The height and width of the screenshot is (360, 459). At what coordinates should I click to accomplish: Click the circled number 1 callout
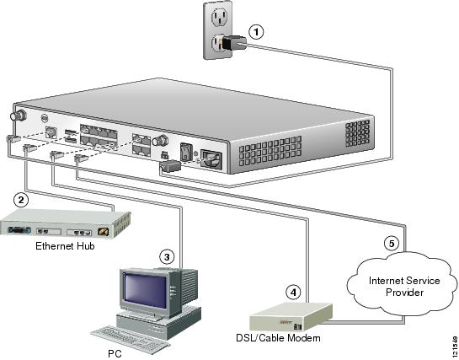(x=256, y=32)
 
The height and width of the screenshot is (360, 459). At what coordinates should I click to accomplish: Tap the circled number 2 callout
(x=21, y=200)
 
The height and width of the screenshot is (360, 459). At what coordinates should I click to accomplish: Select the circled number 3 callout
(x=167, y=257)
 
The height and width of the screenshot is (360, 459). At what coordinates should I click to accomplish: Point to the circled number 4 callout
(x=293, y=292)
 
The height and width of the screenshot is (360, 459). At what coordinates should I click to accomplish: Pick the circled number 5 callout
(x=392, y=244)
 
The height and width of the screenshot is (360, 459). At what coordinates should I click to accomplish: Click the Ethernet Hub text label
(x=65, y=245)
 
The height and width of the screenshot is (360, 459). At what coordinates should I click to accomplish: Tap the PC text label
(x=115, y=353)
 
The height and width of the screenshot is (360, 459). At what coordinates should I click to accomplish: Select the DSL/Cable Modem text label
(x=278, y=338)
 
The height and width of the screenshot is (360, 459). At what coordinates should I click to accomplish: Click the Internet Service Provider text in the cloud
(x=404, y=287)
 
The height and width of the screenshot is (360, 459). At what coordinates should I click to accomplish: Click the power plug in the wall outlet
(x=234, y=42)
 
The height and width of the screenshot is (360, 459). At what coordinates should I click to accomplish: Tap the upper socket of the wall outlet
(x=218, y=16)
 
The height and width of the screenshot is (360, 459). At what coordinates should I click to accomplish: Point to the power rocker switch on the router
(x=185, y=152)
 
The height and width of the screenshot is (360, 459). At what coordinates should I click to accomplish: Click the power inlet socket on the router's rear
(x=211, y=159)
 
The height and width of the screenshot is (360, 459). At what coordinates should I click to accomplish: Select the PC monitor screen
(x=145, y=291)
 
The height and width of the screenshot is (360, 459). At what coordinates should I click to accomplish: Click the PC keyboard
(x=131, y=339)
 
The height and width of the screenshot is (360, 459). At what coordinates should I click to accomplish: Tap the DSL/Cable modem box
(x=291, y=317)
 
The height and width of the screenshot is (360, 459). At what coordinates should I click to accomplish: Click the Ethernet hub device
(x=65, y=223)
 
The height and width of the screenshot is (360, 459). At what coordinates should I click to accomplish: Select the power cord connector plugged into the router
(x=171, y=165)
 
